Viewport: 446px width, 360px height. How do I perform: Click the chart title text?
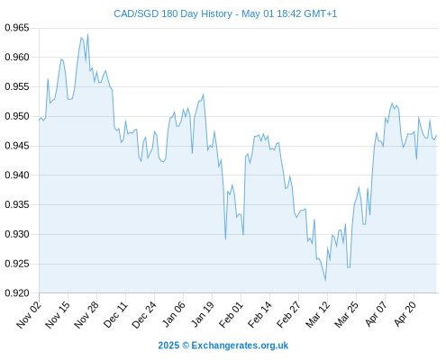(x=225, y=13)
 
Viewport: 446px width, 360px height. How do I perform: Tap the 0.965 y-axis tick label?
(x=17, y=28)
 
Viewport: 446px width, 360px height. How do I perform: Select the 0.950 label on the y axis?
(x=17, y=116)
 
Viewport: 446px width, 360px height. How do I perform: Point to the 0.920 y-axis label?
(x=17, y=293)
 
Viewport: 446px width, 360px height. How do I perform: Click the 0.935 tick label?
(x=17, y=205)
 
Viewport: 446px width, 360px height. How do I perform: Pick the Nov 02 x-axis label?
(x=28, y=314)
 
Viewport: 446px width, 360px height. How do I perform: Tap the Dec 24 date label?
(x=143, y=314)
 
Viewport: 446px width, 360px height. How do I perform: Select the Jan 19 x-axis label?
(x=202, y=314)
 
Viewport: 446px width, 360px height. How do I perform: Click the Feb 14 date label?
(x=259, y=314)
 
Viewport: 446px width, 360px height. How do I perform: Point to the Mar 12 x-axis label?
(x=317, y=314)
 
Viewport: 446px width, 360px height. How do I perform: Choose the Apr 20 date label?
(x=405, y=314)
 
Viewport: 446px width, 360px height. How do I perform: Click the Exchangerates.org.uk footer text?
(x=240, y=346)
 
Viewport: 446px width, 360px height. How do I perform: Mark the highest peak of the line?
(x=87, y=34)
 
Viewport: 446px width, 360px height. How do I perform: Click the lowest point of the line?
(x=325, y=281)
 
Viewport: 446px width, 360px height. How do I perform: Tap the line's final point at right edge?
(x=436, y=135)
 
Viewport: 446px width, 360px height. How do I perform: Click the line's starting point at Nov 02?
(x=39, y=120)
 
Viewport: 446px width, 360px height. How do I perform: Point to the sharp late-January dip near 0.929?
(x=225, y=239)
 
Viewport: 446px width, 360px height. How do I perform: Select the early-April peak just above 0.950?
(x=392, y=103)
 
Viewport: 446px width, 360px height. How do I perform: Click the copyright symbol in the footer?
(x=186, y=346)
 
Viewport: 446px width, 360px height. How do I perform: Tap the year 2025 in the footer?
(x=168, y=346)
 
